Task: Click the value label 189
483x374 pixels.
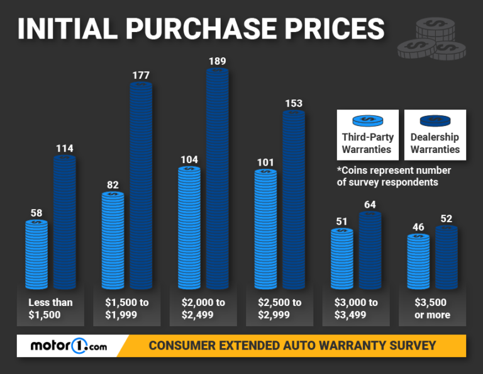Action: point(217,61)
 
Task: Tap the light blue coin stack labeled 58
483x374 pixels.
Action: point(36,254)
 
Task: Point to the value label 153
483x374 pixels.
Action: point(293,103)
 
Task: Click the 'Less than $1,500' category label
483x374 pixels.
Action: point(50,309)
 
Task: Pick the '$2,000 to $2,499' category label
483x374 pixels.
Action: point(203,309)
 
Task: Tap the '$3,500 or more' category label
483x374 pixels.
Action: point(433,309)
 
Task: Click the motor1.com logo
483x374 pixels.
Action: point(69,346)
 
